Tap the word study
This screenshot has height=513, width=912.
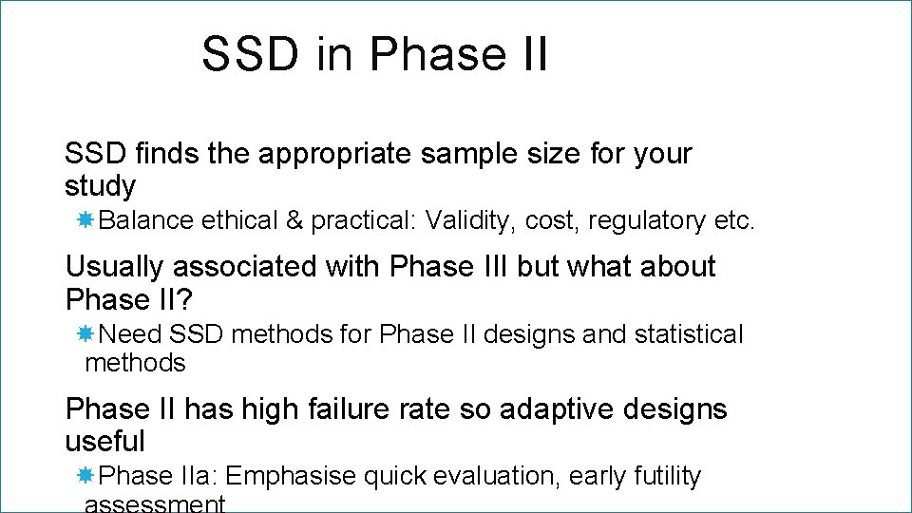100,185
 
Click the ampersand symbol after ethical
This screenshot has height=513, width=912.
294,221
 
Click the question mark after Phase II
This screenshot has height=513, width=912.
185,299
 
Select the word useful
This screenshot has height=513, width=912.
104,442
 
